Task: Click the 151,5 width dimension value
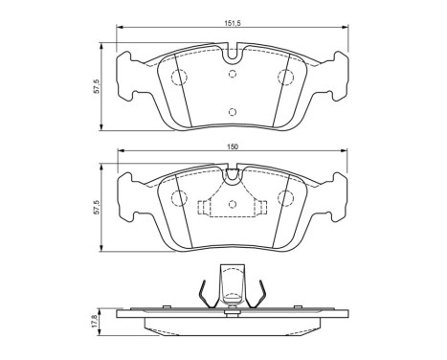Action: click(x=230, y=24)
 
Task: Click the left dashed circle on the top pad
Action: click(x=177, y=79)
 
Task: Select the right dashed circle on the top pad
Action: click(x=284, y=79)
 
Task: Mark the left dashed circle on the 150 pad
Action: click(x=177, y=198)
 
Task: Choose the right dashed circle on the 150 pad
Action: click(x=284, y=198)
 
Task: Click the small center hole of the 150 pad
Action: click(x=231, y=205)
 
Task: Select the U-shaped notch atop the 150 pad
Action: click(x=231, y=174)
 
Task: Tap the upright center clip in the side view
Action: click(x=231, y=285)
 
